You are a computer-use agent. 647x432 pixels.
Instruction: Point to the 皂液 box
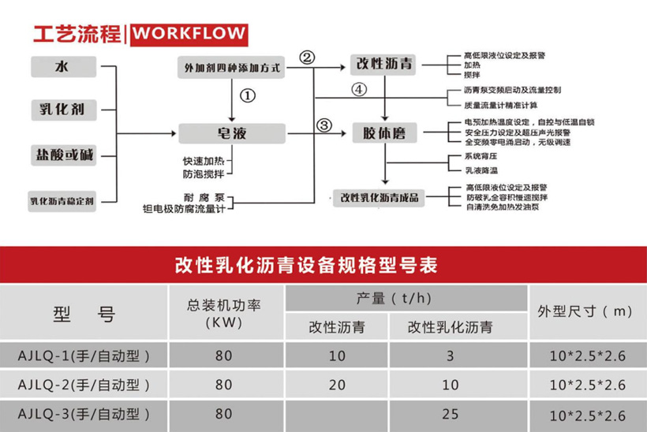232,133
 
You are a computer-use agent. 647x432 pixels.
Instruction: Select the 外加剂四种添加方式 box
232,69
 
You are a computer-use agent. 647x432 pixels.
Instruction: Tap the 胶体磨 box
384,133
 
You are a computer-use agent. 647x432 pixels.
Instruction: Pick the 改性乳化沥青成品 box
380,197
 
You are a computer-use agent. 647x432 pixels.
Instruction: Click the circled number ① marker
248,95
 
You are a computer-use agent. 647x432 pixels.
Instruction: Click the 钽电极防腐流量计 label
185,209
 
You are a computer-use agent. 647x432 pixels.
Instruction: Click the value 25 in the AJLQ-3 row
450,413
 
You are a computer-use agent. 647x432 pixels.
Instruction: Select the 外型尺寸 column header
585,311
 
